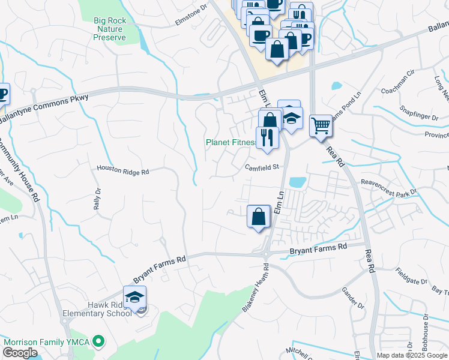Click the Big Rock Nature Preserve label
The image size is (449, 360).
point(110,29)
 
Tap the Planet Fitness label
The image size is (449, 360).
point(231,143)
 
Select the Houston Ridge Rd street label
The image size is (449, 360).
point(122,171)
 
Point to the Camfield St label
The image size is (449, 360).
point(262,167)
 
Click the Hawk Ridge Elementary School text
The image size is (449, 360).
point(97,308)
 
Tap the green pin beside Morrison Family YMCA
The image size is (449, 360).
point(99,342)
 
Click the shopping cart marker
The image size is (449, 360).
point(321,125)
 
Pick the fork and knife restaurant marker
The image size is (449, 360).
point(267,138)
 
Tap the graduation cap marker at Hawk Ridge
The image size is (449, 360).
point(135,296)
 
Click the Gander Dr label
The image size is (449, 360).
point(353,298)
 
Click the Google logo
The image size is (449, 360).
point(20,353)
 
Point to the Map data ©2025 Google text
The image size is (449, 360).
point(411,355)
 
